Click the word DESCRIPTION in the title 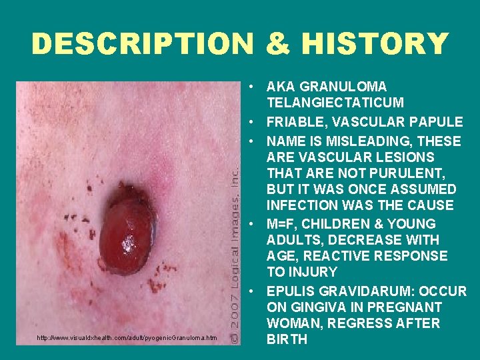click(141, 44)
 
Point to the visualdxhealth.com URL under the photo click(127, 339)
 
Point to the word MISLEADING click(359, 141)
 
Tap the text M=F click(283, 224)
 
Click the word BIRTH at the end click(287, 339)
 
